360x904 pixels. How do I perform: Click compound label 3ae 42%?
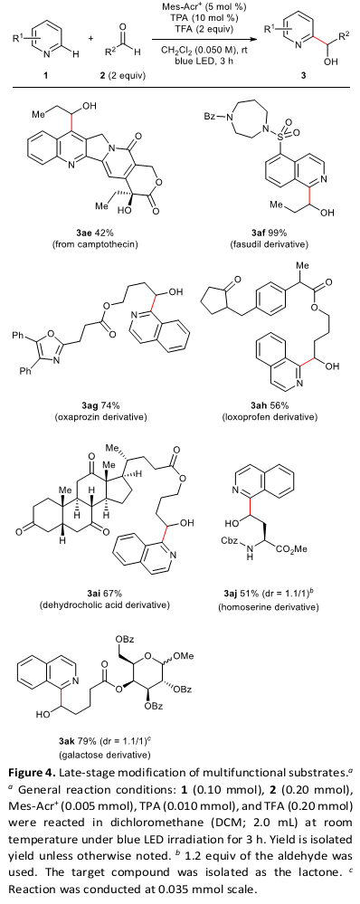pyautogui.click(x=94, y=233)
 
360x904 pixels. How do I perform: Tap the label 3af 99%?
pyautogui.click(x=270, y=233)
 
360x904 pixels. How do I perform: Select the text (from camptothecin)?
pyautogui.click(x=94, y=245)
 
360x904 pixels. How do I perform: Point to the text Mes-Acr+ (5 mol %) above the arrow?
pyautogui.click(x=201, y=6)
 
